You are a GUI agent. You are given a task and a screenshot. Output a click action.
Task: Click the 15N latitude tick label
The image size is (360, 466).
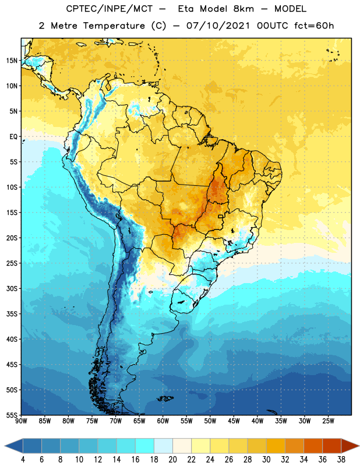(12, 61)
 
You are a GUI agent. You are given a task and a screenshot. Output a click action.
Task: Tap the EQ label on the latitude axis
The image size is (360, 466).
(13, 137)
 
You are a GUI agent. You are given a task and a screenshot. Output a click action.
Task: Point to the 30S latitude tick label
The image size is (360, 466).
(12, 288)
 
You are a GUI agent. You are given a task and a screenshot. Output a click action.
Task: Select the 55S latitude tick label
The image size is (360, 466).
(12, 415)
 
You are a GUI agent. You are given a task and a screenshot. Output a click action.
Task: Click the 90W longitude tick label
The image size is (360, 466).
(21, 421)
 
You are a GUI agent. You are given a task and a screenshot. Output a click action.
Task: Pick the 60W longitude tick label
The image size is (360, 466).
(163, 421)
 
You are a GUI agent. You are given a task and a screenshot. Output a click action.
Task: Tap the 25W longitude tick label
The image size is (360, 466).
(328, 421)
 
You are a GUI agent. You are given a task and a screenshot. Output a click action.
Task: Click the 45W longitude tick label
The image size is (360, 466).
(234, 421)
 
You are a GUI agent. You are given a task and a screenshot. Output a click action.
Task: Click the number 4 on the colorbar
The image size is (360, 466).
(23, 460)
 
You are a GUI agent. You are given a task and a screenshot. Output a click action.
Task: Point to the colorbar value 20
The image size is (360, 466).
(172, 460)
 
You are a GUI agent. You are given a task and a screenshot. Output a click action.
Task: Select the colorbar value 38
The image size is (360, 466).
(341, 460)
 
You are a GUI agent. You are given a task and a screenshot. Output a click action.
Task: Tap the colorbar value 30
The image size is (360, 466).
(266, 460)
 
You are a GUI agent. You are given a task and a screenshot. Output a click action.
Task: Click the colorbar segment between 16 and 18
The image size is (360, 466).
(144, 446)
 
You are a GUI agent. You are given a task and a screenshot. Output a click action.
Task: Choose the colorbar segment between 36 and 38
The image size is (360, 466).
(332, 446)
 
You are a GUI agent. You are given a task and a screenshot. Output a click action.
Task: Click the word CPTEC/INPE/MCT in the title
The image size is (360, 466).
(110, 9)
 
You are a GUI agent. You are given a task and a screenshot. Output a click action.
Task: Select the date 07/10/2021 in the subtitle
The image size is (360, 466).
(218, 26)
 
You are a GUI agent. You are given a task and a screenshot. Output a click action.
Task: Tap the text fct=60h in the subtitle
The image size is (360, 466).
(314, 26)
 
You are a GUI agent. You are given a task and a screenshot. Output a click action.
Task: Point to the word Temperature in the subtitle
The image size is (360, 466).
(114, 26)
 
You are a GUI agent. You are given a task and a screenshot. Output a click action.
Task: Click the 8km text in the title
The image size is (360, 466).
(243, 9)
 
